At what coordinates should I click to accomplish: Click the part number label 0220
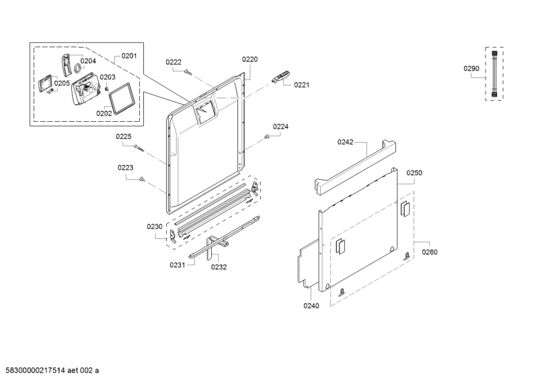[249, 59]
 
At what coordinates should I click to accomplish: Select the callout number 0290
[471, 69]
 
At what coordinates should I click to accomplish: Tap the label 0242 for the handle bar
[345, 142]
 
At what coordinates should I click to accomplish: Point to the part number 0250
[414, 173]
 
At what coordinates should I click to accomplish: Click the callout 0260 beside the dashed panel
[430, 252]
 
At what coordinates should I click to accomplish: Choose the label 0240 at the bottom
[311, 306]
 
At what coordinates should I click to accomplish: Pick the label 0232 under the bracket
[219, 267]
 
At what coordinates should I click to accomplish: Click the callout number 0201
[129, 56]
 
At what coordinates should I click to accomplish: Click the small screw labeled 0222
[188, 72]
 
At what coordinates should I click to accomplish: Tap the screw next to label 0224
[266, 137]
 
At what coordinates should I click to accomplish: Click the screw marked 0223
[142, 179]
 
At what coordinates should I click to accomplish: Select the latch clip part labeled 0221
[280, 77]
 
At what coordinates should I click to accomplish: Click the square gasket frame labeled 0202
[120, 98]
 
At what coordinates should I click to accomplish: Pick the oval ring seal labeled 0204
[77, 68]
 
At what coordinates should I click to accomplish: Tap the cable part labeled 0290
[494, 74]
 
